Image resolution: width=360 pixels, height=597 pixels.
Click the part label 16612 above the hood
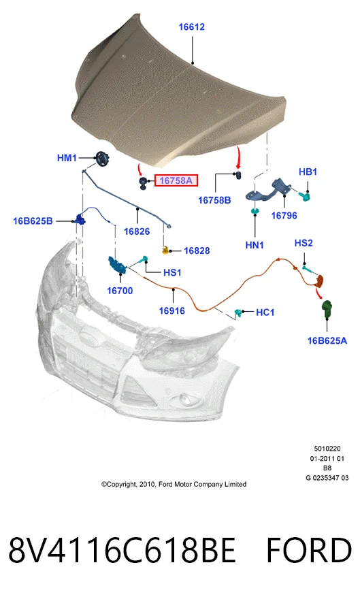[191, 27]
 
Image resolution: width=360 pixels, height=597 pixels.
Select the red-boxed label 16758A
[176, 180]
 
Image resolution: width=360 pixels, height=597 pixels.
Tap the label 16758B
[214, 200]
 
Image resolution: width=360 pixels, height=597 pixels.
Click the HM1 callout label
[67, 158]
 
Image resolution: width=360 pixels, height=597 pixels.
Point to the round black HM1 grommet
[102, 159]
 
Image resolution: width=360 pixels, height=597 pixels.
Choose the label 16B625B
[33, 221]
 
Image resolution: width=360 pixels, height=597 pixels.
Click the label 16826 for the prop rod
[137, 231]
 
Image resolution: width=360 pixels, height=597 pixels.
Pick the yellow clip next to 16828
[165, 250]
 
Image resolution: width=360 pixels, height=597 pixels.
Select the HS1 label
[172, 272]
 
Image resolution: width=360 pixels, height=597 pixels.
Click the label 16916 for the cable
[171, 310]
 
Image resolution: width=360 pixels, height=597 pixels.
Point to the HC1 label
[265, 312]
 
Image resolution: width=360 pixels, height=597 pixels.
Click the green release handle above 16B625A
[327, 309]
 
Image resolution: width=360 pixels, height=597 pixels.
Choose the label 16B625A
[327, 341]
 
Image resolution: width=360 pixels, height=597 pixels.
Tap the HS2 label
[304, 243]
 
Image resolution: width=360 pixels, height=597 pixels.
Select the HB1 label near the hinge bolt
[308, 172]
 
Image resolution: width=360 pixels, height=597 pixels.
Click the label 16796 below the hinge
[284, 216]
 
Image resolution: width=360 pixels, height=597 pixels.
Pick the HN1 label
[255, 245]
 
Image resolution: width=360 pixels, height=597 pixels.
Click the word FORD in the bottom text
[309, 550]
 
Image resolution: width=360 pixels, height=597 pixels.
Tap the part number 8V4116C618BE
[122, 550]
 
